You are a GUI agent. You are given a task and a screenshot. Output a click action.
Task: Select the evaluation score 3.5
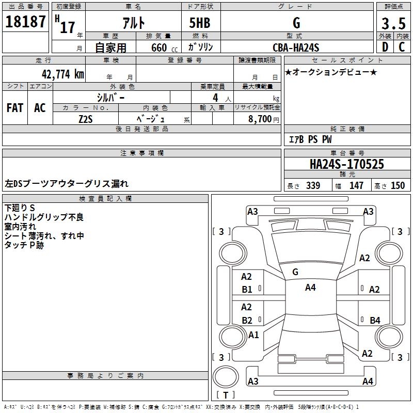tap(392, 23)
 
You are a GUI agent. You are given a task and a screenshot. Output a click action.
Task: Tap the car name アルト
tap(133, 23)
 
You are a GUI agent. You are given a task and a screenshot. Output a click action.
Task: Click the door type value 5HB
tap(200, 23)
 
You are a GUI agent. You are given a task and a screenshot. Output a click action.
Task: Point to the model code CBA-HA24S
tap(296, 48)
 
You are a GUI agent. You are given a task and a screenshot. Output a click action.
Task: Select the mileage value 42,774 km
tap(60, 74)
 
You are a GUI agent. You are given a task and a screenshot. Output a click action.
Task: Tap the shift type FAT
tap(15, 108)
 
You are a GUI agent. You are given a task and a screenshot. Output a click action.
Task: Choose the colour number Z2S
tap(86, 119)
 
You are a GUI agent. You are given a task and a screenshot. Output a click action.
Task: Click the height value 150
tap(398, 185)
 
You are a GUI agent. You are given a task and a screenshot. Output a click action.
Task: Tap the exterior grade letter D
tap(385, 47)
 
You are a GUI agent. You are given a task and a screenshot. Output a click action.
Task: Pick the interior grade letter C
tap(401, 47)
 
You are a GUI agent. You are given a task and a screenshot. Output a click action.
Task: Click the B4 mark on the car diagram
tap(375, 320)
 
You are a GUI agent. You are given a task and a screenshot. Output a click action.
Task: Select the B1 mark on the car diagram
tap(247, 290)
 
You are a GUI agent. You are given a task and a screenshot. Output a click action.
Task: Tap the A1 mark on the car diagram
tap(253, 335)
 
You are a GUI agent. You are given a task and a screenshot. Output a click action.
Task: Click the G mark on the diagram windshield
tap(295, 272)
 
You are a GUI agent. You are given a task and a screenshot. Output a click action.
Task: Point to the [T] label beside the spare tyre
tap(225, 395)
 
